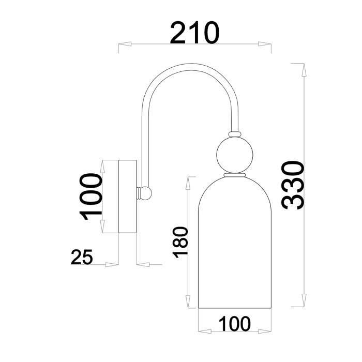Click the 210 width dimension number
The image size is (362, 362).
click(195, 33)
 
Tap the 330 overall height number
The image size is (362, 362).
click(293, 185)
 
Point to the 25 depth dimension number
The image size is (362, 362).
click(82, 257)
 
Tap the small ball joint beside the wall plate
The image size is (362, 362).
click(146, 193)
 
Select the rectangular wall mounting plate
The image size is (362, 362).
click(127, 196)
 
